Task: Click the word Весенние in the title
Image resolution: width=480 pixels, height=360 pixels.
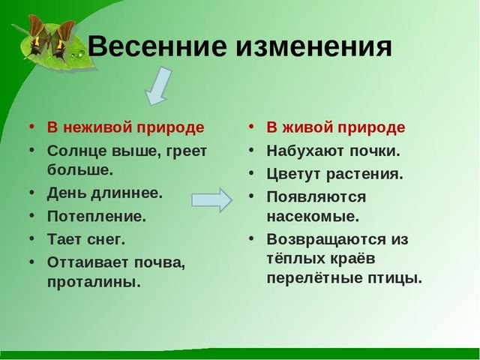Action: tap(157, 46)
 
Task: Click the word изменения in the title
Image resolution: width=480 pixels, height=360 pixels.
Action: tap(313, 46)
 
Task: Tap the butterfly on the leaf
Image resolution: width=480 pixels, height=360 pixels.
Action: tap(49, 37)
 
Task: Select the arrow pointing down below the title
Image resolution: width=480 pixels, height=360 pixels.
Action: tap(158, 87)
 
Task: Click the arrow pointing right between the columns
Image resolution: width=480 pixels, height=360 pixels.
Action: tap(211, 200)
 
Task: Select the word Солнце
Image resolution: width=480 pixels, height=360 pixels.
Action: tap(76, 151)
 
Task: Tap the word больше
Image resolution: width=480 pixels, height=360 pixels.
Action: tap(80, 170)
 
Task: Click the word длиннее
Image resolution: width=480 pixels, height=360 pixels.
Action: tap(127, 193)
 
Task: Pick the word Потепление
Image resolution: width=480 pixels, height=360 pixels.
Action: tap(97, 217)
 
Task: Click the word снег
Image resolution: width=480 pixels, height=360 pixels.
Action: tap(106, 239)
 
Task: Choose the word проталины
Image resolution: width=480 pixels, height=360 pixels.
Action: tap(94, 282)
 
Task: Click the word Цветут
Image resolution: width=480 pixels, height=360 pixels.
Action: tap(294, 174)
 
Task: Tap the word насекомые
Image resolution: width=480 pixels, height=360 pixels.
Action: tap(313, 217)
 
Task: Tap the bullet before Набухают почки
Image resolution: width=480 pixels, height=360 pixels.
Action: tap(251, 150)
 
